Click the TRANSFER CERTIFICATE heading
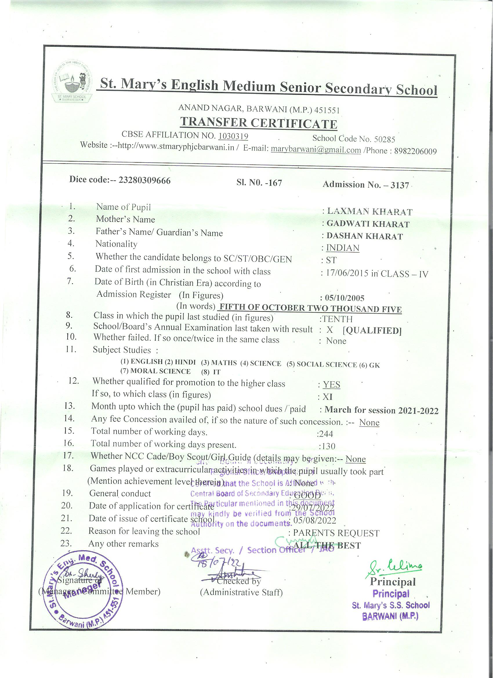click(259, 123)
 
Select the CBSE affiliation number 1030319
click(233, 136)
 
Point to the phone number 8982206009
click(415, 151)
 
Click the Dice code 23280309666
click(145, 180)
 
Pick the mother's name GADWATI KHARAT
click(368, 224)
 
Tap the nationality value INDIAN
click(342, 248)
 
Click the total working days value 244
click(326, 434)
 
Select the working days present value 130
click(327, 446)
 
